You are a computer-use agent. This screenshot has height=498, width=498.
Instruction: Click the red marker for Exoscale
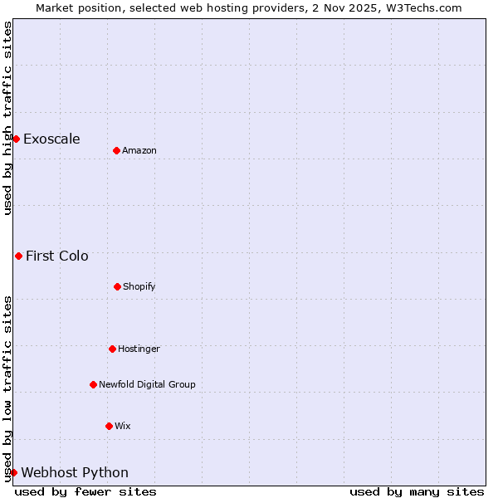pos(16,139)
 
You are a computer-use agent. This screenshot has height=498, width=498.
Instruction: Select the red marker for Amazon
pos(116,150)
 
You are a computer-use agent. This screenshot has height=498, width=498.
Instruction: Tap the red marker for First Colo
pos(18,256)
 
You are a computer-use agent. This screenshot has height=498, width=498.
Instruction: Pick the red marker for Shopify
pos(117,286)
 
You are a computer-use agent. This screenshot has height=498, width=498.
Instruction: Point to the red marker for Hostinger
pos(112,349)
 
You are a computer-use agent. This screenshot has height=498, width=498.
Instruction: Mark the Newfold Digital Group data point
pos(93,384)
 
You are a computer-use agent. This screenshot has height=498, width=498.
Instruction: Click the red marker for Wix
pos(109,426)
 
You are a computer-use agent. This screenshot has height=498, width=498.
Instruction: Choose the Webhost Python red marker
pos(13,472)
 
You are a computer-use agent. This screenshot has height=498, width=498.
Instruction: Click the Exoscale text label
pos(51,139)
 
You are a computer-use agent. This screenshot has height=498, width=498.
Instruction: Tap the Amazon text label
pos(139,150)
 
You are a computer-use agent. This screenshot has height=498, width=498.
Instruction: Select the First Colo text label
pos(57,256)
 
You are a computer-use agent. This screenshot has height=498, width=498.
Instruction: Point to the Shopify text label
pos(139,286)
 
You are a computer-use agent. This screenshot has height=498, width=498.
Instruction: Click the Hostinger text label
pos(139,349)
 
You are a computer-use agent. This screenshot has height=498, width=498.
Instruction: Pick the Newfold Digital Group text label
pos(147,384)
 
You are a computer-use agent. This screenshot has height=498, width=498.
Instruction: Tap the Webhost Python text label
pos(75,472)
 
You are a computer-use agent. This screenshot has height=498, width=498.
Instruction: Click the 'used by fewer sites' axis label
pos(85,491)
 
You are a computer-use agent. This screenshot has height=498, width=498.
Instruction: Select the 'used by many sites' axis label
pos(417,491)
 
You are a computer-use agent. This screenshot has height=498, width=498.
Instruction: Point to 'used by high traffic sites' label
pos(7,118)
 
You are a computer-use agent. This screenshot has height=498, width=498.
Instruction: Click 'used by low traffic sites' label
pos(7,388)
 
